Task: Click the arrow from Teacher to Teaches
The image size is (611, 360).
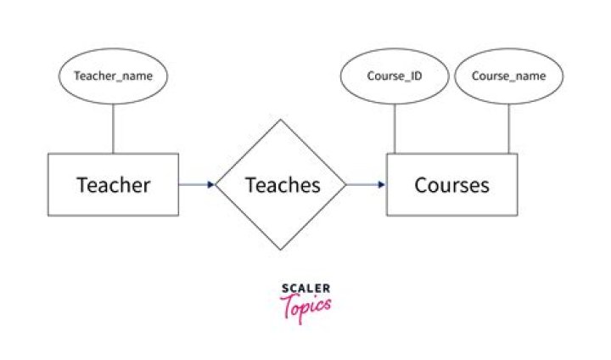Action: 195,183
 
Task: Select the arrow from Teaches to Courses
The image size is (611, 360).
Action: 365,183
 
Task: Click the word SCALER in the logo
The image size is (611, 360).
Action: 305,289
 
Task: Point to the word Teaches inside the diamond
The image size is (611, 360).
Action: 283,184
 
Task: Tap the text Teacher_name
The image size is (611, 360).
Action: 113,76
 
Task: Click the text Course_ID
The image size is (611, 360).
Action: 395,76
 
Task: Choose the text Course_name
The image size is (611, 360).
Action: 508,76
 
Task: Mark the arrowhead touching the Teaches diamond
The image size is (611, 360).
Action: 210,183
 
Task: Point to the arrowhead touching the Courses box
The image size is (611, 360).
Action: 383,183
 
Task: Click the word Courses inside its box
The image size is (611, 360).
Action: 451,184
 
